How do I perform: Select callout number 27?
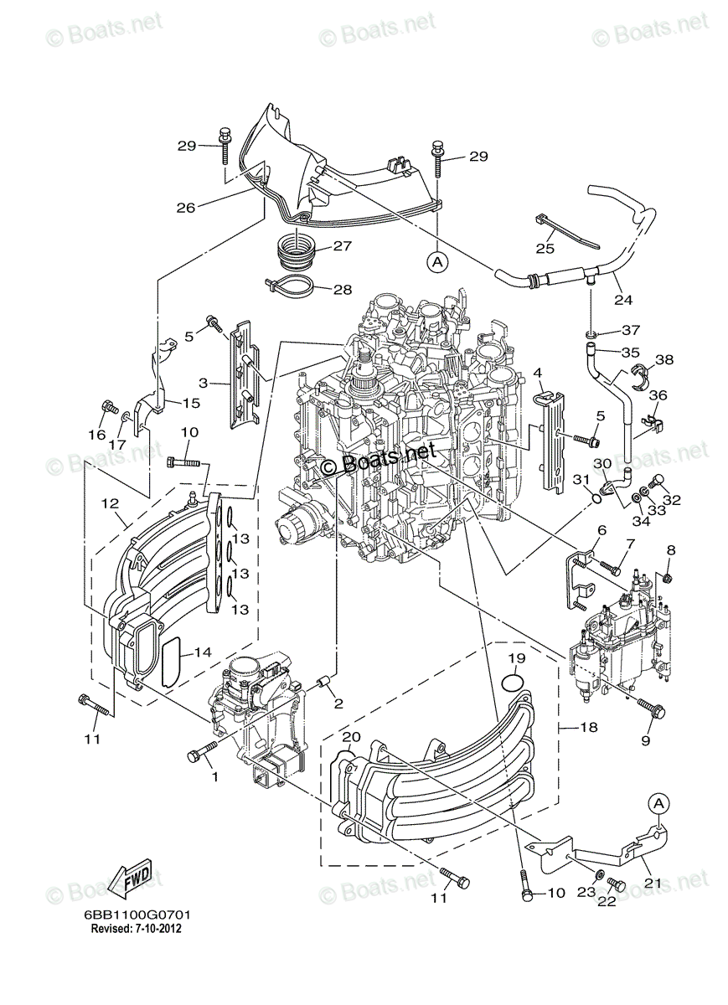click(x=342, y=246)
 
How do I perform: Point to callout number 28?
click(x=342, y=290)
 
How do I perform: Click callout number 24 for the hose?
click(x=622, y=300)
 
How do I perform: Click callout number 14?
click(x=201, y=652)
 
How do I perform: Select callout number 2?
click(x=338, y=703)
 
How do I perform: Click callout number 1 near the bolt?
click(x=214, y=776)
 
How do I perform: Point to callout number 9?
click(x=646, y=740)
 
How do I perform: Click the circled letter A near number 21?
click(x=659, y=803)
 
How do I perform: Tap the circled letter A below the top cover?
click(x=436, y=261)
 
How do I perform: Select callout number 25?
click(x=545, y=248)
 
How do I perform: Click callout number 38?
click(x=664, y=360)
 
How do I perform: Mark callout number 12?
click(x=109, y=503)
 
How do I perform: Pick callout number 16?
click(x=97, y=435)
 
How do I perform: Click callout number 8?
click(x=670, y=549)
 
